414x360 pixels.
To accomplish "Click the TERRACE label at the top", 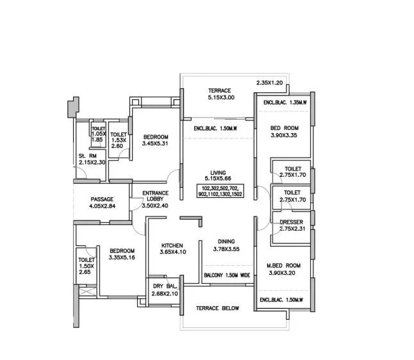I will (219, 90).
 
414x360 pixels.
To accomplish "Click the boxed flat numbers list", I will (220, 190).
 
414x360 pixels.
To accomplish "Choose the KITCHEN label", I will (172, 245).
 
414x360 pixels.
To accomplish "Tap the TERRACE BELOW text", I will (218, 308).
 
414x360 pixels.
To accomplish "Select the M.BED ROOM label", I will (284, 265).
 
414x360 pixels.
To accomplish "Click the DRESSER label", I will (292, 222).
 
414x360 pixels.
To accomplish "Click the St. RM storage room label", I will (87, 156).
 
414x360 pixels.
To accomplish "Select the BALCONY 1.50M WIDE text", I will (227, 275).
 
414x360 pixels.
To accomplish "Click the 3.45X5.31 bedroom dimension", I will (156, 144).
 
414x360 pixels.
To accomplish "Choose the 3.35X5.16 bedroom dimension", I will (121, 258).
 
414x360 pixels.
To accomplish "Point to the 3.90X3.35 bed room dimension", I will (283, 135).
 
